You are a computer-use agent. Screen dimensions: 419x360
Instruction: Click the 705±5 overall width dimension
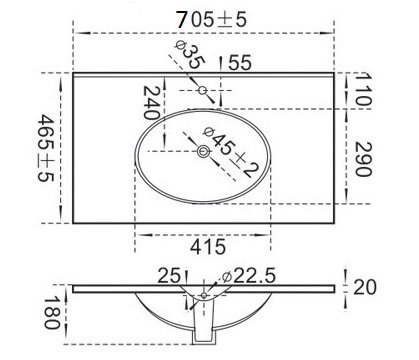[211, 19]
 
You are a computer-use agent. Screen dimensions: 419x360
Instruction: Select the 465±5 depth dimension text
[46, 148]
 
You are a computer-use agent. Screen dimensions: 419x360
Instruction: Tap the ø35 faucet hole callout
[189, 55]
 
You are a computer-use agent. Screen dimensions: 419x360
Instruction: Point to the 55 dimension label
[240, 63]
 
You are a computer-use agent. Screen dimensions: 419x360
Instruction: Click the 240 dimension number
[151, 103]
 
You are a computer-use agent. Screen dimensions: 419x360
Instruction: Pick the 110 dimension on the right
[362, 89]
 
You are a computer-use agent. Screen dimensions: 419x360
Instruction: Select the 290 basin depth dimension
[363, 159]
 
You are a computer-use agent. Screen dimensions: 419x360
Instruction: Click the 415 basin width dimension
[208, 247]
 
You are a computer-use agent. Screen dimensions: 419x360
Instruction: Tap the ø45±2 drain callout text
[231, 152]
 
